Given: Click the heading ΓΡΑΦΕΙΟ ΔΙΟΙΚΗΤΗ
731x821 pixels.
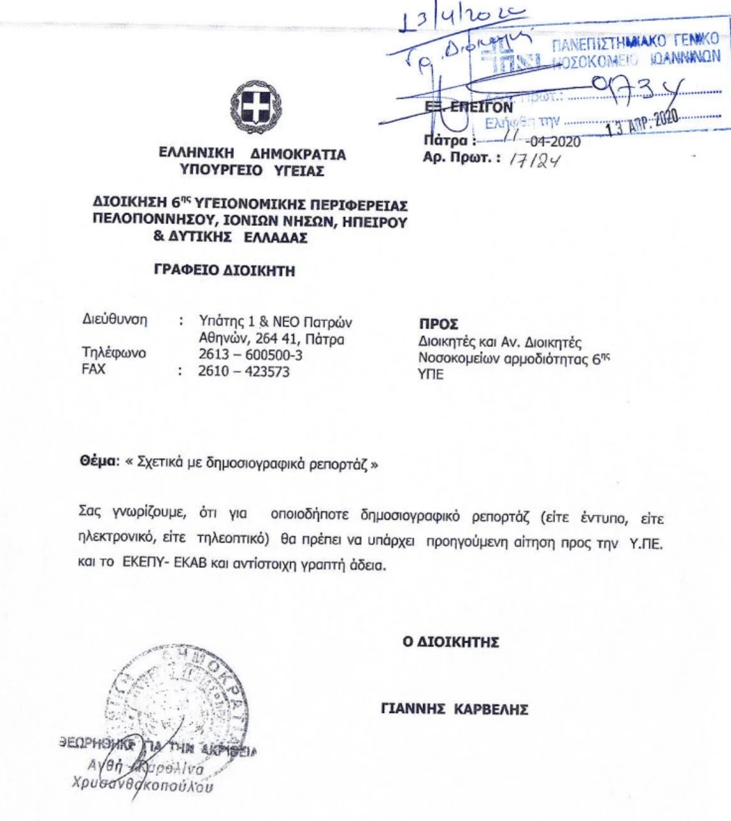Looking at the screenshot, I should tap(225, 270).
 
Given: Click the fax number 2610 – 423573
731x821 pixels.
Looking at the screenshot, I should tap(243, 372).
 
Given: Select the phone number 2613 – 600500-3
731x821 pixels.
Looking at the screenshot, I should tap(250, 355).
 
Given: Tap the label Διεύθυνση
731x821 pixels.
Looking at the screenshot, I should tap(115, 320).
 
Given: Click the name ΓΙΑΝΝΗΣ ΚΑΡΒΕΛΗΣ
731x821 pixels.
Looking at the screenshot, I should tap(454, 709).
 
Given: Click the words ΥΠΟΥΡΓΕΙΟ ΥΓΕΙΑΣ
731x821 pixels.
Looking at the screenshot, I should tap(252, 171).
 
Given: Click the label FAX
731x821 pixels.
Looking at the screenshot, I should tap(94, 369).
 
